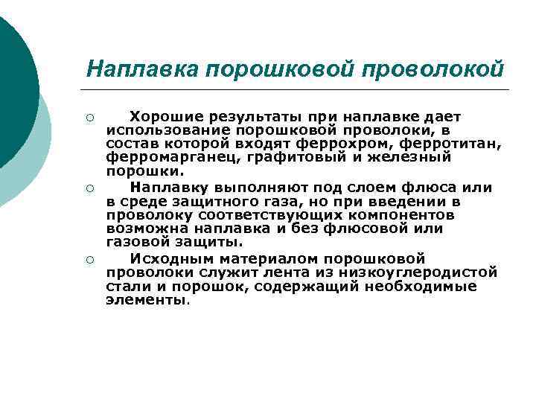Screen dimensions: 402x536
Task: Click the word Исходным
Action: tap(165, 258)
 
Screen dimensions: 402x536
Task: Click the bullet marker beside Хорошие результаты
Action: tap(89, 118)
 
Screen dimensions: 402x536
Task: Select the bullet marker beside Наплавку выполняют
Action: tap(89, 188)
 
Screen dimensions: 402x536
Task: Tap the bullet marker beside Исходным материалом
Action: tap(89, 259)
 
